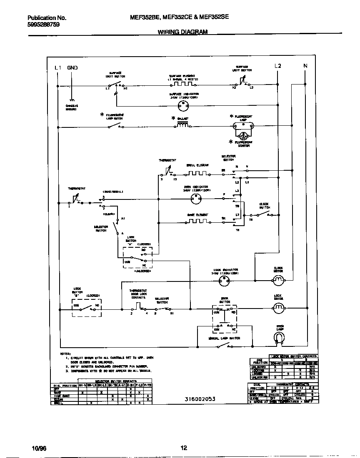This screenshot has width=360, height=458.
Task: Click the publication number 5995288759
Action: [x=43, y=25]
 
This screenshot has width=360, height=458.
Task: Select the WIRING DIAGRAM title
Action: [x=182, y=32]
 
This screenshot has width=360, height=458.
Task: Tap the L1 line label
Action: [x=58, y=67]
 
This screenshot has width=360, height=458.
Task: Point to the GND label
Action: [x=72, y=67]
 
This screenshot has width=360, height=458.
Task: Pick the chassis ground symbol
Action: [x=72, y=100]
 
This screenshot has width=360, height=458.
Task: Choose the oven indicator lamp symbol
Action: [x=195, y=199]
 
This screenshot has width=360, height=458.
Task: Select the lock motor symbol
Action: [x=278, y=308]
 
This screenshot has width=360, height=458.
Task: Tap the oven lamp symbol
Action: [x=280, y=339]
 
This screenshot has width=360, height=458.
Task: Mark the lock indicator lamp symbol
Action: [x=225, y=281]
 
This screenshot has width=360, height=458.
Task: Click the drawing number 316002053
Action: [x=200, y=399]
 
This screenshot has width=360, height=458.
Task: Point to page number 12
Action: [x=184, y=448]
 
